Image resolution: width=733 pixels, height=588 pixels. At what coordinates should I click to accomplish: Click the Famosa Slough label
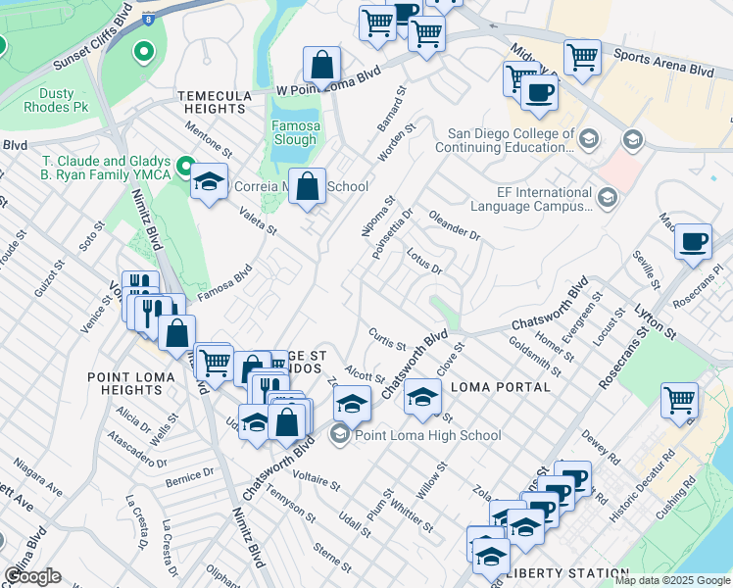click(295, 132)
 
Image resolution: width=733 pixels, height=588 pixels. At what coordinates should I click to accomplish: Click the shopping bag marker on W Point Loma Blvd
click(321, 67)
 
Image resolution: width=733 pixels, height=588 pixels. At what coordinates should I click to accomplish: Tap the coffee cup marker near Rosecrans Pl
click(694, 241)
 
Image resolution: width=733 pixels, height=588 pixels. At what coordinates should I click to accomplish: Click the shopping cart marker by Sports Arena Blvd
click(582, 58)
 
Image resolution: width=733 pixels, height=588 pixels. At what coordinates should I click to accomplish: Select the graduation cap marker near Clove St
click(422, 397)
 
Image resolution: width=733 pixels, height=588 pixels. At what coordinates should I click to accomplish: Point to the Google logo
click(32, 576)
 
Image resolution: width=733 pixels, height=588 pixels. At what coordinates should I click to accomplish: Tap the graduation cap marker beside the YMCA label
click(209, 181)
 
